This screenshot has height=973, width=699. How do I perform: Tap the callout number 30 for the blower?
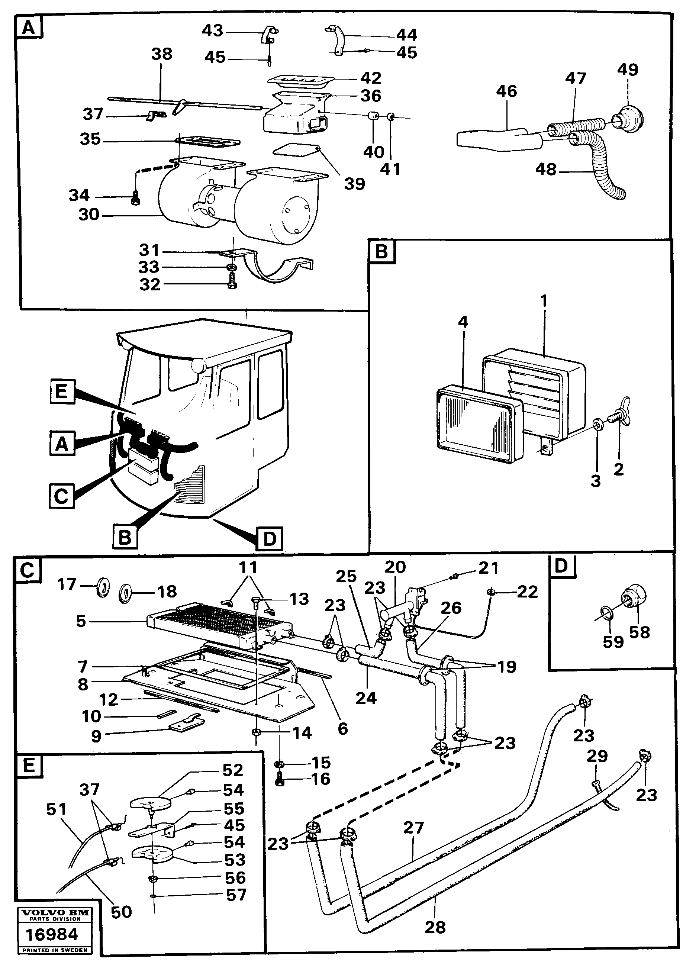tap(89, 215)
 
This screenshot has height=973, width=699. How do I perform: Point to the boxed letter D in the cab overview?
tap(269, 538)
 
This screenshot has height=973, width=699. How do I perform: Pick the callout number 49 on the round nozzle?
tap(628, 70)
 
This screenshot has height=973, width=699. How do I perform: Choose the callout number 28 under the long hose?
tap(435, 927)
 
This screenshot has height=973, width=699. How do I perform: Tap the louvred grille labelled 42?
tap(299, 80)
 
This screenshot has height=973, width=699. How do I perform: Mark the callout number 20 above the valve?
tap(395, 567)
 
